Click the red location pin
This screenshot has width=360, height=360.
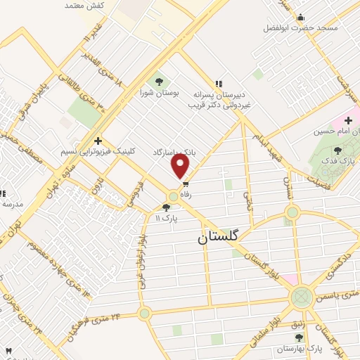point(181,167)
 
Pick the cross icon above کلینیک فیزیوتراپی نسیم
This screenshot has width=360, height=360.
point(99,141)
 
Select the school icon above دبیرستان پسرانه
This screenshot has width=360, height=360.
point(219,82)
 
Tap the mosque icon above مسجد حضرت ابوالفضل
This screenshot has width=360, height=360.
point(301,18)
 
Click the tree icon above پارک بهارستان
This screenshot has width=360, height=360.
point(299,338)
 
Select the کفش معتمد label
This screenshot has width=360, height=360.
point(85,6)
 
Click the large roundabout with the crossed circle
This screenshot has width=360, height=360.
point(302,296)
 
